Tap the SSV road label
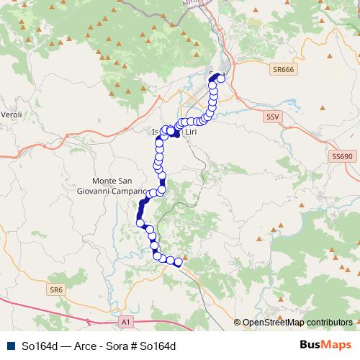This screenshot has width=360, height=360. pos(272,116)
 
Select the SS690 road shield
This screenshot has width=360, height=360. pos(342,156)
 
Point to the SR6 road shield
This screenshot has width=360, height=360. pos(57,289)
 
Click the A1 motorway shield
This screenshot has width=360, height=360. pos(126,321)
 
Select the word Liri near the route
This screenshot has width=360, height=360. pos(191,132)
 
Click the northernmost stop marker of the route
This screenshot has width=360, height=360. pos(221,78)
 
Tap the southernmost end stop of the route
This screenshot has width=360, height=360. pos(178,264)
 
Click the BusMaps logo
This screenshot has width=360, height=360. pos(325,345)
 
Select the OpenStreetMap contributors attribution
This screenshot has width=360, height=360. pos(297,323)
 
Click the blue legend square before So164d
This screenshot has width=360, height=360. pos(10,346)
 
